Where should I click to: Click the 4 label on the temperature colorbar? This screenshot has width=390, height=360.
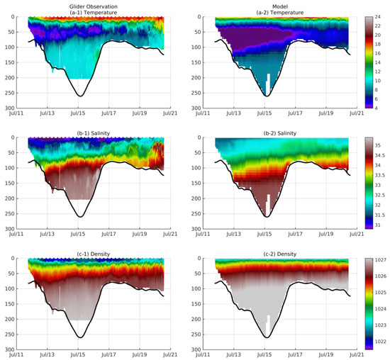(375, 108)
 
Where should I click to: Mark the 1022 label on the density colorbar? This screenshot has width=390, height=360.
(380, 342)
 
